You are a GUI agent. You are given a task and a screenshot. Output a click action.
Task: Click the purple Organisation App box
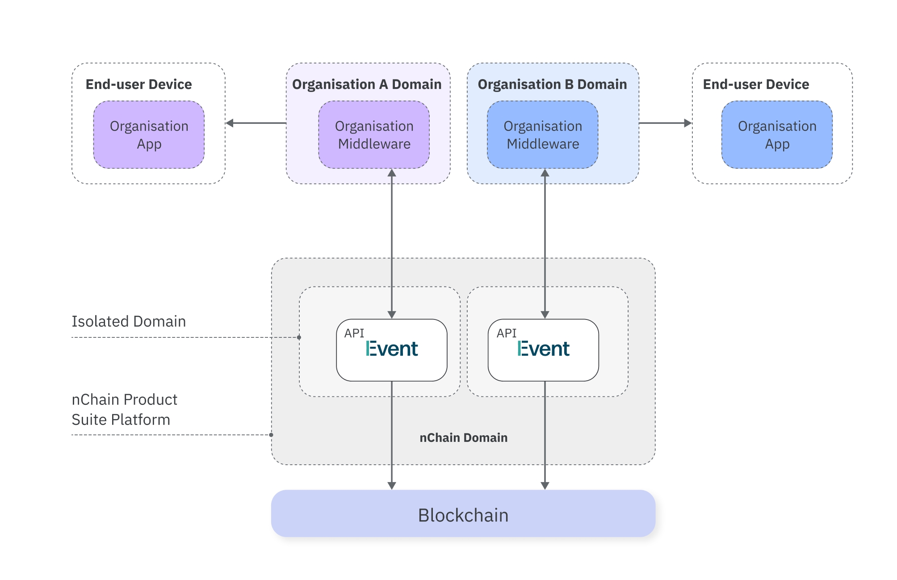click(x=149, y=134)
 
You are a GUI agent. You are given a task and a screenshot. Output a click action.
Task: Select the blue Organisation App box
click(x=777, y=134)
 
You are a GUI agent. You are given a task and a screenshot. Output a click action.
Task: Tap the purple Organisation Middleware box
click(x=374, y=134)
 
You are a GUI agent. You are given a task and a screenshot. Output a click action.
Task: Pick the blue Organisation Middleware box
click(x=543, y=134)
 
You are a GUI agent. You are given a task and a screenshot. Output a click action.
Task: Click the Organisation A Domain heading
click(x=367, y=84)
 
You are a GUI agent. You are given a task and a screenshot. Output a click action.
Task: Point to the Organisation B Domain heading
click(x=552, y=84)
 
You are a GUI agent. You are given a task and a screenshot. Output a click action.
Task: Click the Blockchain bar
click(x=463, y=514)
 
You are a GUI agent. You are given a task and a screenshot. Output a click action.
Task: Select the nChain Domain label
click(x=463, y=437)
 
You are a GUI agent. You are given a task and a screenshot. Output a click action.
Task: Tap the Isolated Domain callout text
click(x=129, y=321)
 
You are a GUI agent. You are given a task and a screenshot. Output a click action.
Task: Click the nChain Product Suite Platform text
click(x=125, y=409)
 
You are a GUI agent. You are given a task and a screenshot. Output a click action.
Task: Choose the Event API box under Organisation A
click(x=392, y=350)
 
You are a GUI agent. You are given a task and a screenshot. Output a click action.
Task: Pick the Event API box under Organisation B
click(x=543, y=350)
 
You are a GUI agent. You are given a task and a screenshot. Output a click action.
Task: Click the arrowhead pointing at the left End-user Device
click(x=230, y=123)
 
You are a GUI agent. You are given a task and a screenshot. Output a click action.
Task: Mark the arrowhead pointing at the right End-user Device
click(x=688, y=123)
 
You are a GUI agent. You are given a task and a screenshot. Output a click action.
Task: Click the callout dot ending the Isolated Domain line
click(x=299, y=337)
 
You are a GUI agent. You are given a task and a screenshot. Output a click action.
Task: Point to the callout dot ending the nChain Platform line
click(x=271, y=435)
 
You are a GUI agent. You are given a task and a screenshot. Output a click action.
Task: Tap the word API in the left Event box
click(x=354, y=333)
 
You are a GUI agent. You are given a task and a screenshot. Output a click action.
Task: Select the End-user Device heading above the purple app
click(x=139, y=84)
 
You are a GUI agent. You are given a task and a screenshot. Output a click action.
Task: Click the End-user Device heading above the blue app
click(x=756, y=84)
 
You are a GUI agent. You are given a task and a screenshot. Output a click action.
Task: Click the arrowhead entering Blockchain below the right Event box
click(x=545, y=486)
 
